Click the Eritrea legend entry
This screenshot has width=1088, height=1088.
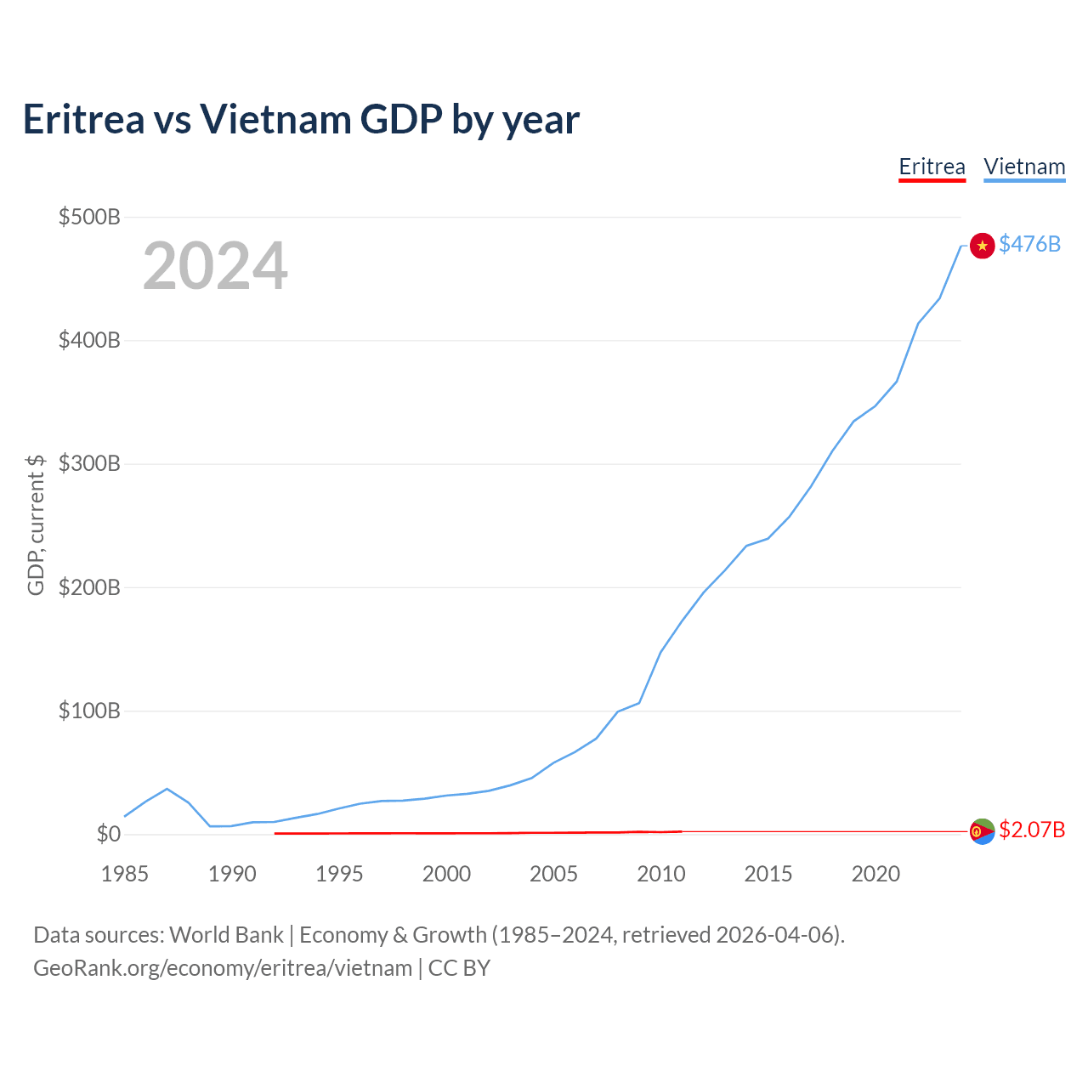click(x=932, y=167)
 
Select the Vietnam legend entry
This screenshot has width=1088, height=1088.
click(x=1024, y=167)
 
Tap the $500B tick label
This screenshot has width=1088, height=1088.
click(x=89, y=217)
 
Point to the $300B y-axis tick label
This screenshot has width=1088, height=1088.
click(x=89, y=463)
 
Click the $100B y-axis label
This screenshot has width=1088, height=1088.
click(x=89, y=711)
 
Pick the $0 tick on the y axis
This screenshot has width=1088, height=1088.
click(x=109, y=834)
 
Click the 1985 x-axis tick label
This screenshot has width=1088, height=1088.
click(x=124, y=874)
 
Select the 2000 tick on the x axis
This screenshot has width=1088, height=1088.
click(x=446, y=874)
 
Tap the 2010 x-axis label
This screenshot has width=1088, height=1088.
click(x=660, y=874)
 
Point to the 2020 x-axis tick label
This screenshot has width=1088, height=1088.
click(x=875, y=874)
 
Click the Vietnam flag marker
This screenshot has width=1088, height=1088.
click(x=982, y=246)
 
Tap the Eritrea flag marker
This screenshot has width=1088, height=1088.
click(x=982, y=831)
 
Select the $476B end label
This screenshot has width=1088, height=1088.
click(x=1029, y=244)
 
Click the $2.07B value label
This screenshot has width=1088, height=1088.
click(x=1032, y=830)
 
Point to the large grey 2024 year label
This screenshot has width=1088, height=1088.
click(x=215, y=265)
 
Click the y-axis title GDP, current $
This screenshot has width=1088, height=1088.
click(x=36, y=525)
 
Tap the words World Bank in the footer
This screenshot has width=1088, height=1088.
click(x=226, y=934)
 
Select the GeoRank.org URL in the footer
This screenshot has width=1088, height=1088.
click(x=223, y=968)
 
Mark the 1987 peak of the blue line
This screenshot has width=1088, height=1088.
click(x=167, y=788)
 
